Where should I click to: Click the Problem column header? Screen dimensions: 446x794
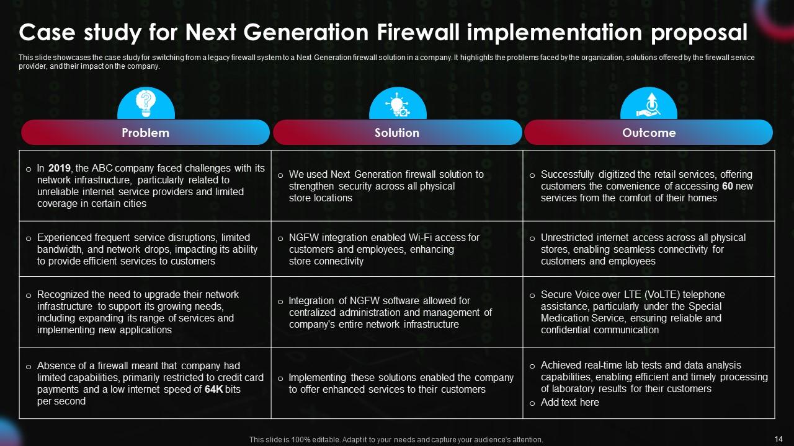[x=145, y=133]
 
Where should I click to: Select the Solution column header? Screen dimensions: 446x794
[x=397, y=133]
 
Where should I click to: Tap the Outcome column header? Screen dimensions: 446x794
[x=649, y=133]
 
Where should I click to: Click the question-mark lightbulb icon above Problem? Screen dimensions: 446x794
[x=146, y=103]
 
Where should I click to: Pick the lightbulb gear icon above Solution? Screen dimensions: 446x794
[x=398, y=104]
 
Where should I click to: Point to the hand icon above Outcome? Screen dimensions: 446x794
[x=649, y=104]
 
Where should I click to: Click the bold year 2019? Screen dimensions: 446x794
[x=59, y=168]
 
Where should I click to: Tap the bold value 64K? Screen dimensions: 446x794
[x=215, y=390]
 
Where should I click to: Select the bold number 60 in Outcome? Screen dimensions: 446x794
[x=728, y=186]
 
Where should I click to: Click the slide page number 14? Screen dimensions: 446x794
[x=778, y=439]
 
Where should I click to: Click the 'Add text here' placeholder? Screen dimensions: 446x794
[x=569, y=403]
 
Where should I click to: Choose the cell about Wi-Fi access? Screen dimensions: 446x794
[x=397, y=249]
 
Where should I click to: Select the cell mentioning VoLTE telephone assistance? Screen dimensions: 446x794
[x=649, y=312]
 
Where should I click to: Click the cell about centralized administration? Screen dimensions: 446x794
[x=397, y=312]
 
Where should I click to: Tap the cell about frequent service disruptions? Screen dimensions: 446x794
[x=145, y=249]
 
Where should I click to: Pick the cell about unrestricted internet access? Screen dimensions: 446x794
[x=649, y=249]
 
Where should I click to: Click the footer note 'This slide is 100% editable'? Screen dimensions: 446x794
[x=396, y=440]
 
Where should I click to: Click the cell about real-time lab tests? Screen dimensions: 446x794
[x=649, y=377]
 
